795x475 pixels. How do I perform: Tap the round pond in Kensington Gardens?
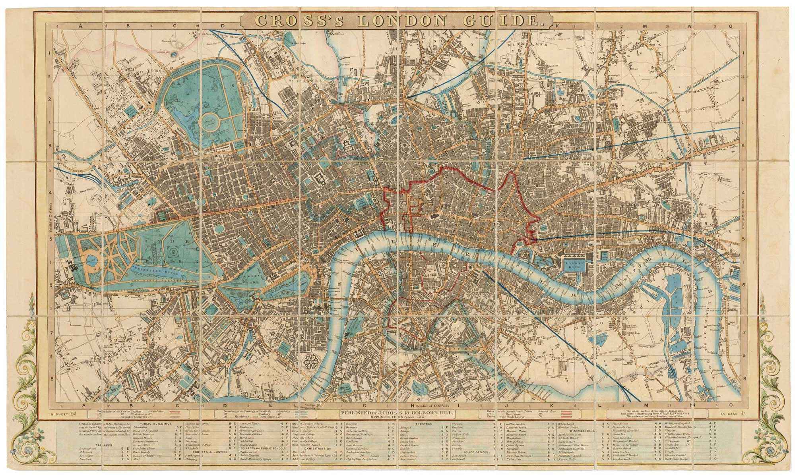(91, 261)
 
